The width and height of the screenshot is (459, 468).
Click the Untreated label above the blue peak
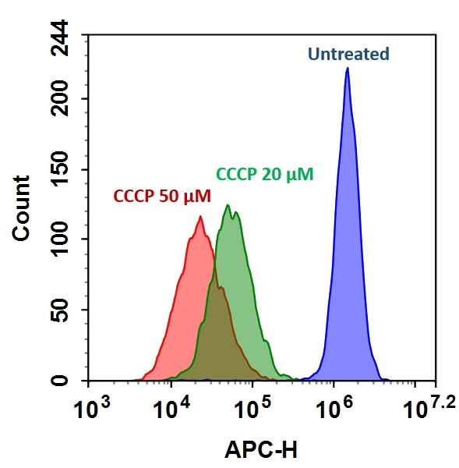(348, 55)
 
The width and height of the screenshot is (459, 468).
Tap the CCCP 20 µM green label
(264, 175)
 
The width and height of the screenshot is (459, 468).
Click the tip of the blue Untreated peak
(347, 69)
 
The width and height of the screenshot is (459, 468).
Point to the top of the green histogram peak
(227, 206)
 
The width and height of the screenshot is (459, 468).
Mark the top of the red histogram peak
(199, 217)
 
